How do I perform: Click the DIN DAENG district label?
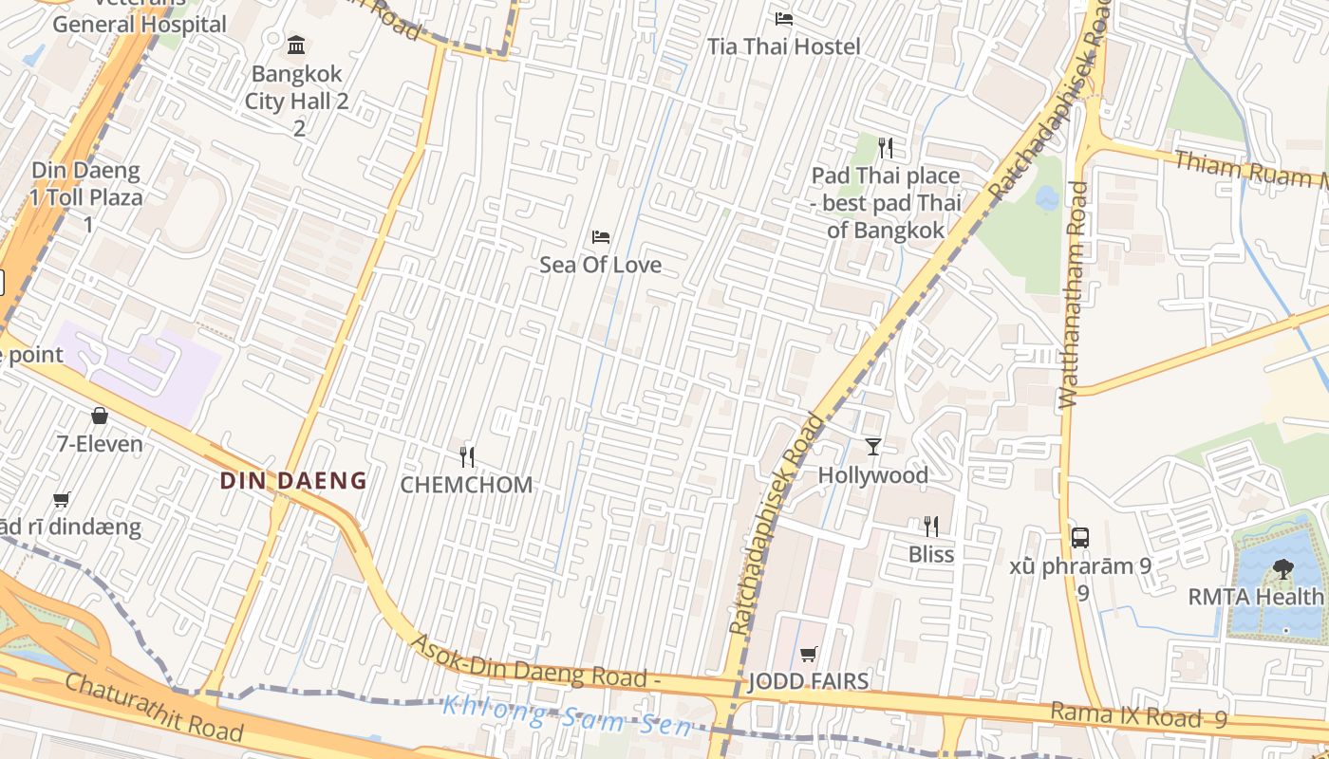click(x=293, y=480)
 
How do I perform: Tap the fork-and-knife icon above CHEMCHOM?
click(x=466, y=457)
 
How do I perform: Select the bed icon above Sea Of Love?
click(x=600, y=237)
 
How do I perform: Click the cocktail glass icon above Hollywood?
click(x=872, y=447)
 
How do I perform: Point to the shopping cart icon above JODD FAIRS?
click(x=808, y=654)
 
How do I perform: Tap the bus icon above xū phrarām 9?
click(x=1079, y=537)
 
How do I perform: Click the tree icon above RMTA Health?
click(x=1282, y=569)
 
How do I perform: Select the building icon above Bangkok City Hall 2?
click(x=296, y=45)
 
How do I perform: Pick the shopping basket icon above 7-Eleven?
click(x=100, y=416)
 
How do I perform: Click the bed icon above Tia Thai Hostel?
click(x=783, y=19)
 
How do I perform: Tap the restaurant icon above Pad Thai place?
click(x=886, y=147)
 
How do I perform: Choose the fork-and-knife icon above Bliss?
click(x=930, y=526)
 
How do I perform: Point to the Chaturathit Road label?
click(x=154, y=707)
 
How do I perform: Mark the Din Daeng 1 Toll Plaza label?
click(x=86, y=197)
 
